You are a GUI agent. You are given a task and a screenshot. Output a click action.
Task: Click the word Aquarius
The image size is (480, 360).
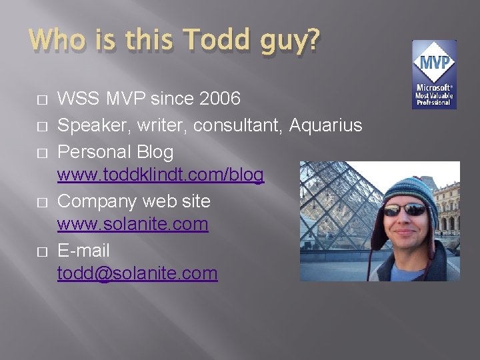point(326,125)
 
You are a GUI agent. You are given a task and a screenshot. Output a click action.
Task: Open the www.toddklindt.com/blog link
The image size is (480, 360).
point(161,175)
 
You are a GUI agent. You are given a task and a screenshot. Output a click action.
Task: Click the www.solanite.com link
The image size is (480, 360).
point(133,225)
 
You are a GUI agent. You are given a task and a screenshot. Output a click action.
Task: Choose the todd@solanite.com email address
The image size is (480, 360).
point(137,273)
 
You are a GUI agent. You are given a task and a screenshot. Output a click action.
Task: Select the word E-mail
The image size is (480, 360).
point(83,251)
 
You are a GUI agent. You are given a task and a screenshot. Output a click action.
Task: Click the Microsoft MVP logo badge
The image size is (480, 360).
point(434,75)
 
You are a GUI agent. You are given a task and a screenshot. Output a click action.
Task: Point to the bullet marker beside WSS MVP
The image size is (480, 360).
point(42,101)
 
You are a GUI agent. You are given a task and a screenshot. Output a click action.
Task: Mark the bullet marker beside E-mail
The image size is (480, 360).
point(42,251)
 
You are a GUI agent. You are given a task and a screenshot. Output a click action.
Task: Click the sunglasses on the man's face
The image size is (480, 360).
point(405,210)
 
